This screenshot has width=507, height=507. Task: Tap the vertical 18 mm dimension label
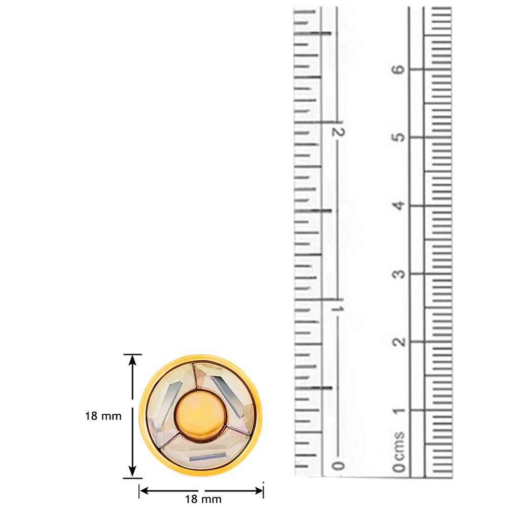[103, 416]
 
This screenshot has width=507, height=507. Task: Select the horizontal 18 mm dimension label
[203, 499]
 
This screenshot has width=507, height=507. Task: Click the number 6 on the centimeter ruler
[399, 69]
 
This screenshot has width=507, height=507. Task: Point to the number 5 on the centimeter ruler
[399, 137]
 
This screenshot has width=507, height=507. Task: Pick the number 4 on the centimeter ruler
[399, 205]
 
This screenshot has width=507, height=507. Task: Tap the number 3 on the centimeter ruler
[399, 274]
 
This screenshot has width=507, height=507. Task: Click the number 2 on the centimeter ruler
[399, 342]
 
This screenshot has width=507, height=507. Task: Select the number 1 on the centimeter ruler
[399, 411]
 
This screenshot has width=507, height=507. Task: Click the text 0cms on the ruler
[399, 451]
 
